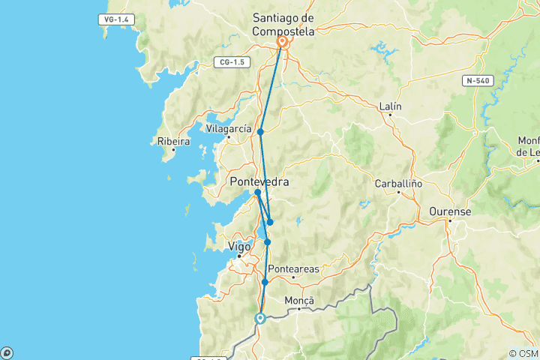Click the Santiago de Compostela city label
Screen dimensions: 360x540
click(x=283, y=25)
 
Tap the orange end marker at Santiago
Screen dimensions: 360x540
click(x=283, y=43)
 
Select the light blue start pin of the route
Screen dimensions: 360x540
click(x=260, y=318)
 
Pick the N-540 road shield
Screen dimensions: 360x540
click(x=477, y=79)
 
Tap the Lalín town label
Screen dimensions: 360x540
click(x=390, y=106)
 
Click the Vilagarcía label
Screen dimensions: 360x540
click(x=229, y=129)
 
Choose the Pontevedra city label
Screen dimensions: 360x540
click(x=259, y=181)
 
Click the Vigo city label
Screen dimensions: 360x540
click(x=238, y=246)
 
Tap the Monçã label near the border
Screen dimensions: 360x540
click(x=300, y=301)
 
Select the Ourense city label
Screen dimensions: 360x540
click(x=450, y=212)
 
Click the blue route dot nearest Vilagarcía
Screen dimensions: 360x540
click(x=260, y=132)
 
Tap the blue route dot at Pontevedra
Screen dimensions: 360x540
click(x=257, y=193)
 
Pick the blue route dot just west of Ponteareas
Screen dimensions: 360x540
click(x=265, y=282)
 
